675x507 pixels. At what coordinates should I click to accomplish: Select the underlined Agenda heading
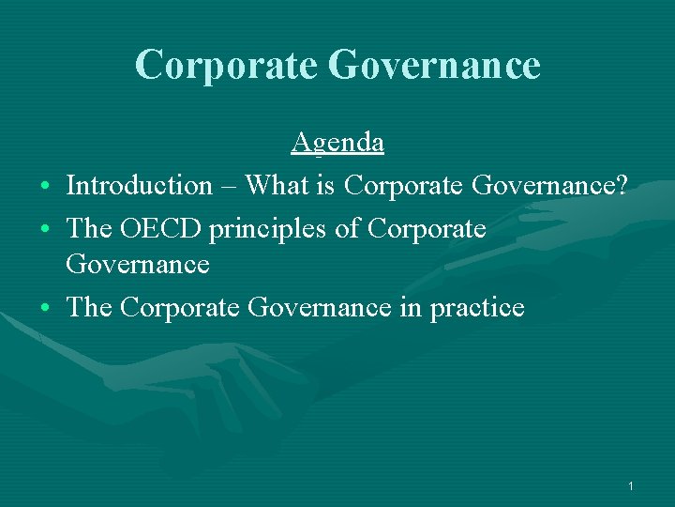tap(337, 142)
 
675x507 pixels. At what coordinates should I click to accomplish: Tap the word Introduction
tap(140, 185)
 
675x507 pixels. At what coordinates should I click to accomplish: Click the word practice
tap(477, 307)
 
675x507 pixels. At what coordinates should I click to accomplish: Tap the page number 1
tap(631, 486)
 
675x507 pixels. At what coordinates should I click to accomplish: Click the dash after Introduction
tap(229, 187)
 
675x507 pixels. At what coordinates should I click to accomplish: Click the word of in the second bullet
tap(352, 228)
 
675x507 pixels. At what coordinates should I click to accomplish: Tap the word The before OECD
tap(89, 228)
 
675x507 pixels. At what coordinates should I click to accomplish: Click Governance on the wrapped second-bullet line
tap(138, 265)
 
